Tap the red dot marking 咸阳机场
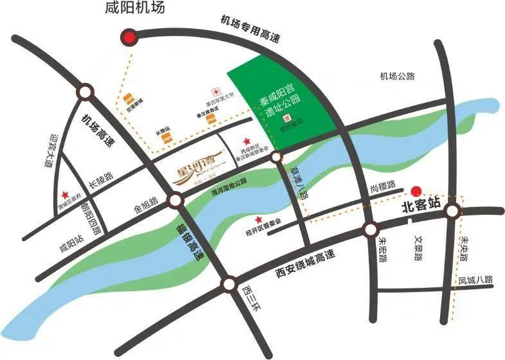(x=131, y=37)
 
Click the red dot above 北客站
(x=416, y=190)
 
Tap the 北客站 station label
(x=420, y=207)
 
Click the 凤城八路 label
(x=475, y=280)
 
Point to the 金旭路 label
(x=145, y=202)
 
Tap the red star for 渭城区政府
(x=64, y=196)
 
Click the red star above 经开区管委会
(x=259, y=220)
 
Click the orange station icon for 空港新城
(x=130, y=98)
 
